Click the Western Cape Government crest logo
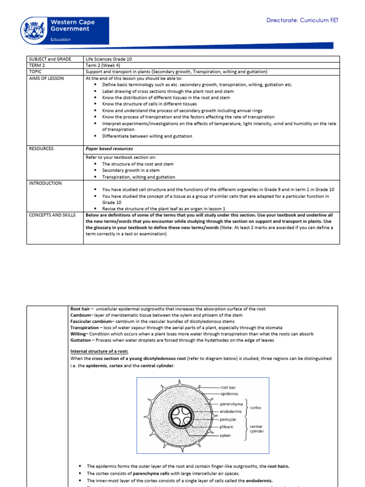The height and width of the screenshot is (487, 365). [x=34, y=29]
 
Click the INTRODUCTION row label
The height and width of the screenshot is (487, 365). [x=45, y=183]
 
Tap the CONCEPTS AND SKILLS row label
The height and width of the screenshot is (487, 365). [x=52, y=215]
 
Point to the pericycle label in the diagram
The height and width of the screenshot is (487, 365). [x=230, y=420]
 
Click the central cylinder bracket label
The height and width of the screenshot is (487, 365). [x=257, y=429]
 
